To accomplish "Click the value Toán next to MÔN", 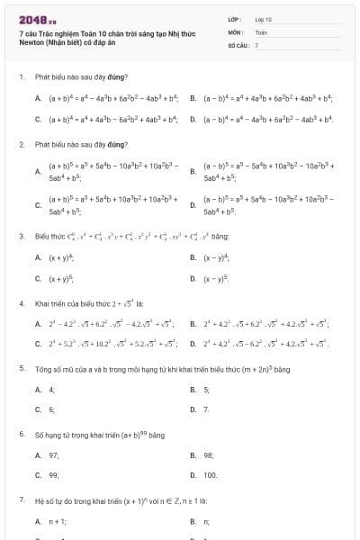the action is click(260, 31).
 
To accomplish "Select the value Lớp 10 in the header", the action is click(263, 18).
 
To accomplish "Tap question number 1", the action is click(21, 76).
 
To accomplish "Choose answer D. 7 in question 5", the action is click(205, 409).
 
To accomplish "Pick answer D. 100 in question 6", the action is click(210, 474).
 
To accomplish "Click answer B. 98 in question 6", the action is click(208, 454).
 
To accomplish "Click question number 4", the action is click(21, 303).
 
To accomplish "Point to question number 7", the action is click(21, 499).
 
